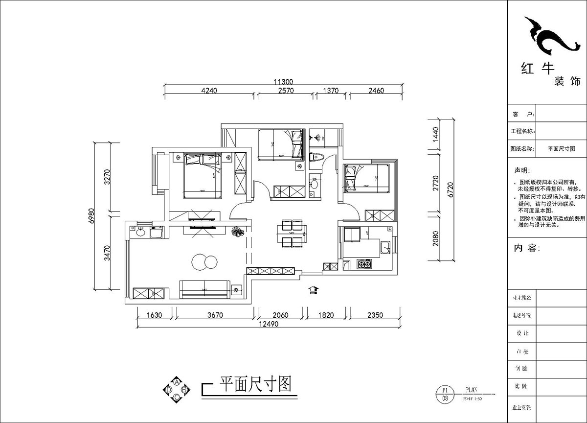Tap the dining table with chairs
click(x=291, y=234)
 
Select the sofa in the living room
click(x=204, y=289)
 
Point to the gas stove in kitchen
click(x=365, y=265)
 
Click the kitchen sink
click(x=385, y=247)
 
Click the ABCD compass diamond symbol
click(x=177, y=390)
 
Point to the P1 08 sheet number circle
click(x=445, y=394)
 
